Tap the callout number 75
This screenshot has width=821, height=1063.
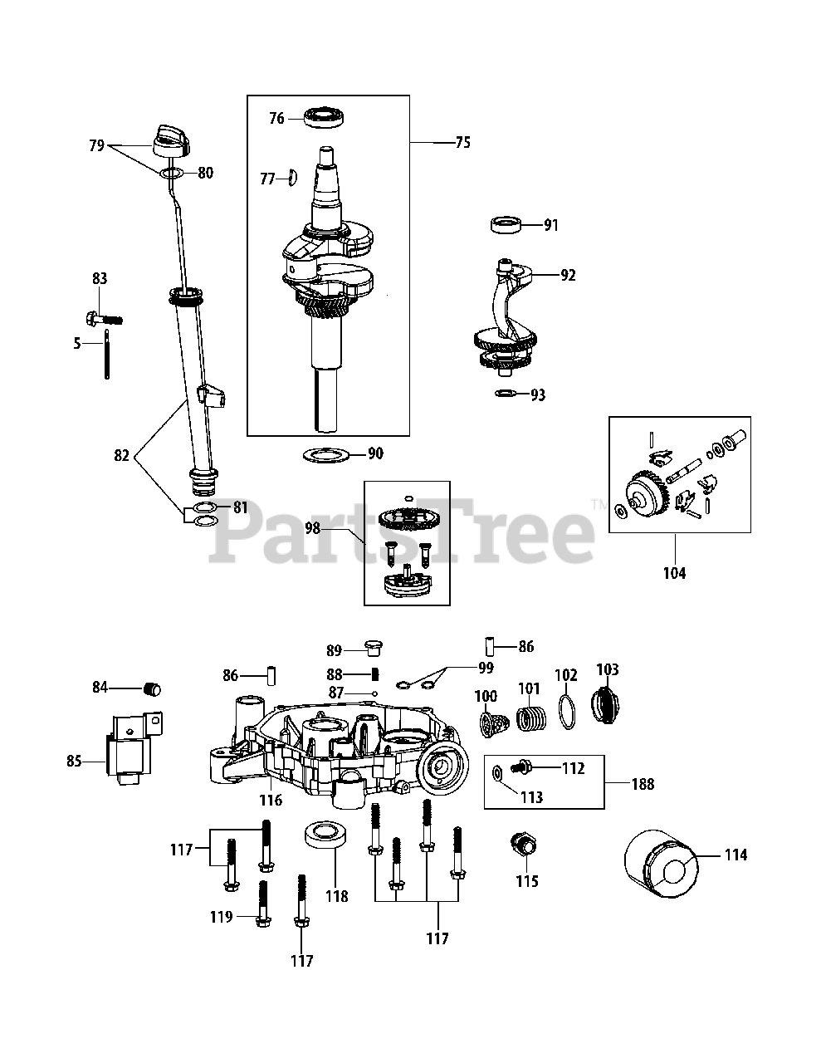[462, 143]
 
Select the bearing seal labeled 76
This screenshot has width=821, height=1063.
[325, 118]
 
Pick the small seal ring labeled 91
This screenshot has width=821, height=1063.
[506, 224]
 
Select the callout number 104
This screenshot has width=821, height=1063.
[674, 572]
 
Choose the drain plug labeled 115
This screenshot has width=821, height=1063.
[522, 848]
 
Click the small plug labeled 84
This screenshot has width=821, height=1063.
[152, 688]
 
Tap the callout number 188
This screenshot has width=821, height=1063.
[643, 783]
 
